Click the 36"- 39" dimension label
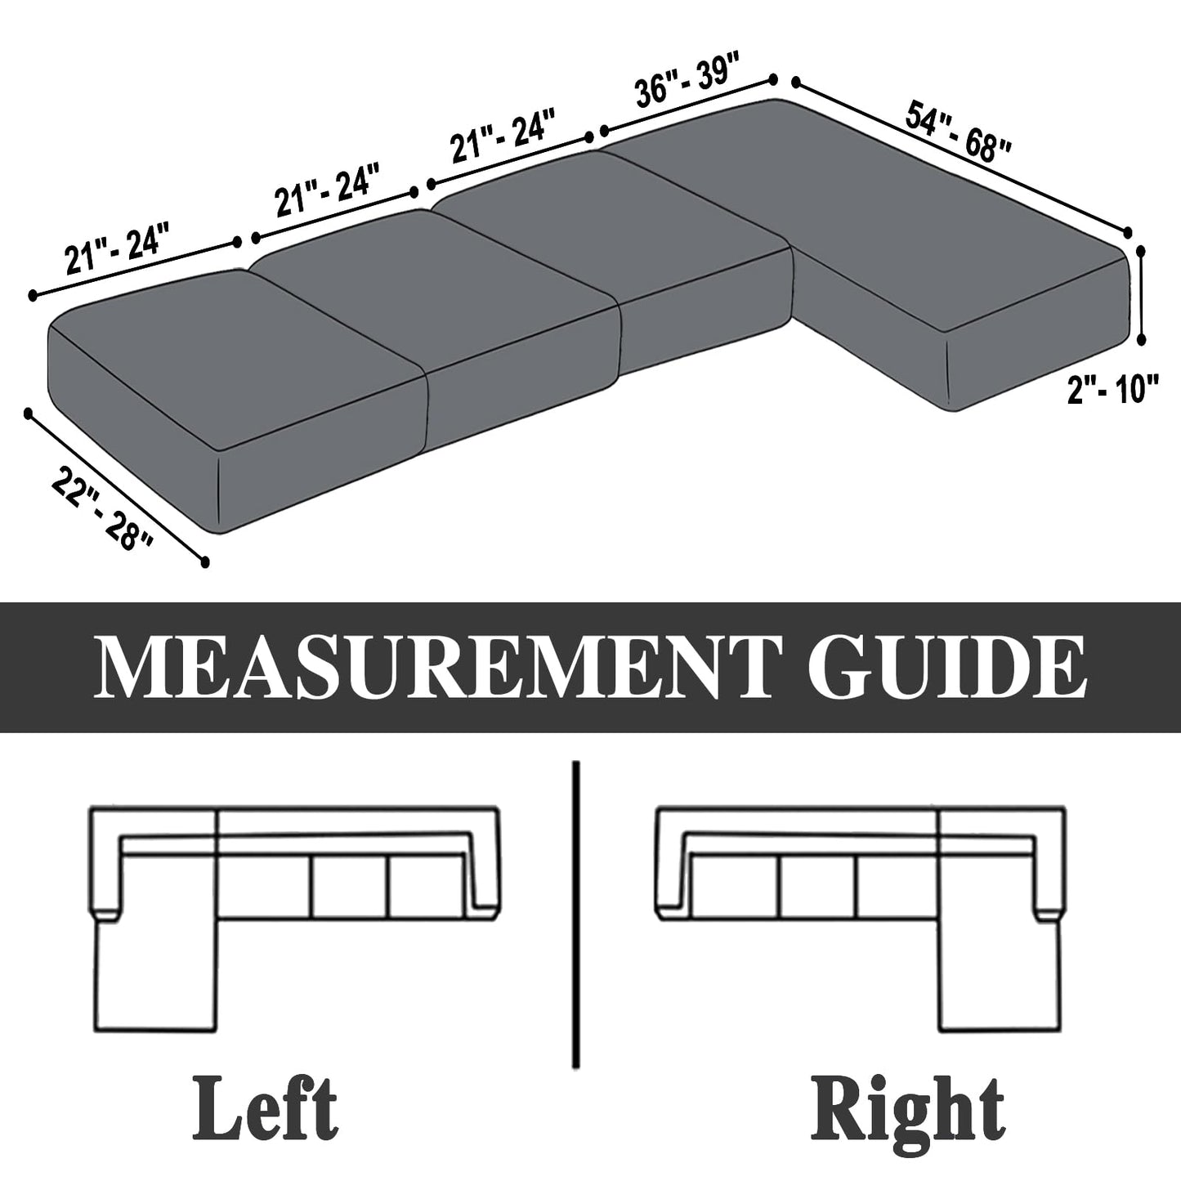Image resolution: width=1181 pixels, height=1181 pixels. (x=688, y=81)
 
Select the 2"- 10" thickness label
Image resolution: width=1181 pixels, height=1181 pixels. (x=1109, y=390)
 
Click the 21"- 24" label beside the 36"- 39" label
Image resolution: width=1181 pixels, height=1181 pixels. (x=503, y=136)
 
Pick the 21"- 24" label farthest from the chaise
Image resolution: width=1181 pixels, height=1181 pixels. (x=116, y=248)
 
